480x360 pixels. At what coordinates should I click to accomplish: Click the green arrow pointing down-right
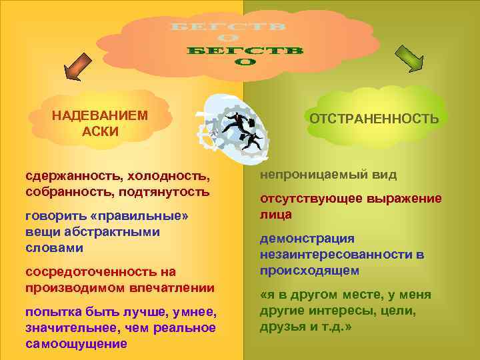click(x=409, y=59)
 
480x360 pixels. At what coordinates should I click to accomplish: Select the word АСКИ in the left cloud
click(x=100, y=131)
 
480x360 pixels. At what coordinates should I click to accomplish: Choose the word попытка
click(x=49, y=312)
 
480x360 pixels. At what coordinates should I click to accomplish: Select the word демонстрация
click(x=307, y=239)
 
